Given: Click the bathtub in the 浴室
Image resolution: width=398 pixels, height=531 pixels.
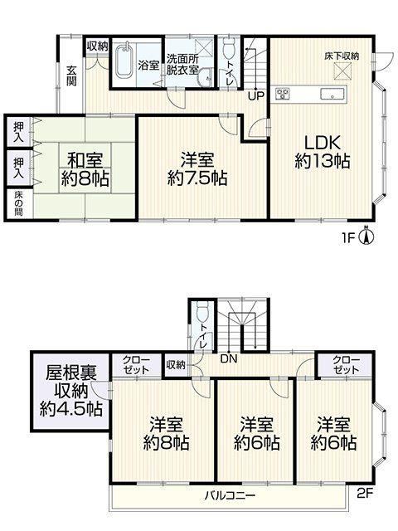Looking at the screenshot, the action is [125, 61].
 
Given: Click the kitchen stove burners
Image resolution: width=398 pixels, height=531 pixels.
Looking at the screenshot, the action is [282, 93].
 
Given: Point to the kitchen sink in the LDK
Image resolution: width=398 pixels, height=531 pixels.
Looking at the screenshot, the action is [332, 93].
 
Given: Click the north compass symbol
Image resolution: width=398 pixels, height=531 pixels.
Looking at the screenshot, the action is [366, 235].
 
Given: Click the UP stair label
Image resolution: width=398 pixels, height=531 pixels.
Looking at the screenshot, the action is [255, 96].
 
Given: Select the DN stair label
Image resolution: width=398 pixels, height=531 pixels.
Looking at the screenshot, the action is [229, 358].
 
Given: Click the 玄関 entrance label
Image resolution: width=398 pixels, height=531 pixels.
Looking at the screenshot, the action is [71, 76].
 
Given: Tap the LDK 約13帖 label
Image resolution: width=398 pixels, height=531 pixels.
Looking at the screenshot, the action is [323, 152].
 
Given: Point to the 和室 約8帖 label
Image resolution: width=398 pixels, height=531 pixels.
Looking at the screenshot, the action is [85, 169].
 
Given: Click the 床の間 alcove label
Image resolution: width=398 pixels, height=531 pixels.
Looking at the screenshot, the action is [18, 203].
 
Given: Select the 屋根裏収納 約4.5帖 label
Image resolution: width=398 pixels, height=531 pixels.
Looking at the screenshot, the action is [71, 391].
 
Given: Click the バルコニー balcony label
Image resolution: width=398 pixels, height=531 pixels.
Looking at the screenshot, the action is [230, 496].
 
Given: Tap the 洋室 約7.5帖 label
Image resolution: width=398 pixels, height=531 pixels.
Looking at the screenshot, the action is [197, 169].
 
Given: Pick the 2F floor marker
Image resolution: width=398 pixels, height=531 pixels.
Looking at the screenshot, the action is [365, 493].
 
